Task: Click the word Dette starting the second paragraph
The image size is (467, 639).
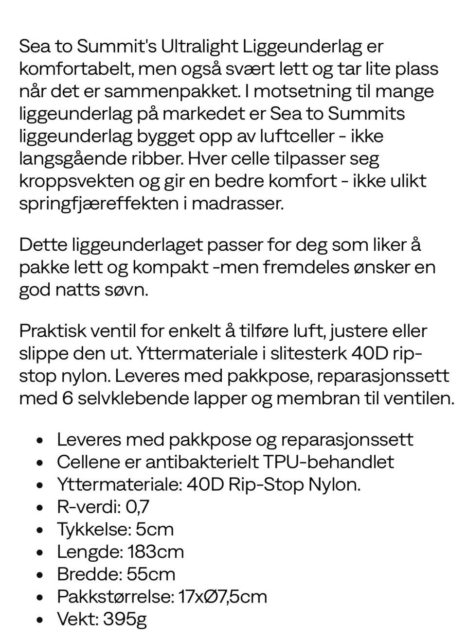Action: (x=42, y=244)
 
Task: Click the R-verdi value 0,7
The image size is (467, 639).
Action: (x=137, y=507)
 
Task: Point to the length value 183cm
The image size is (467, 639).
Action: (x=156, y=552)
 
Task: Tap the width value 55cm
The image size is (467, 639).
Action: (x=151, y=574)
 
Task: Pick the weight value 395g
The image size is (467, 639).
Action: (x=125, y=619)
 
